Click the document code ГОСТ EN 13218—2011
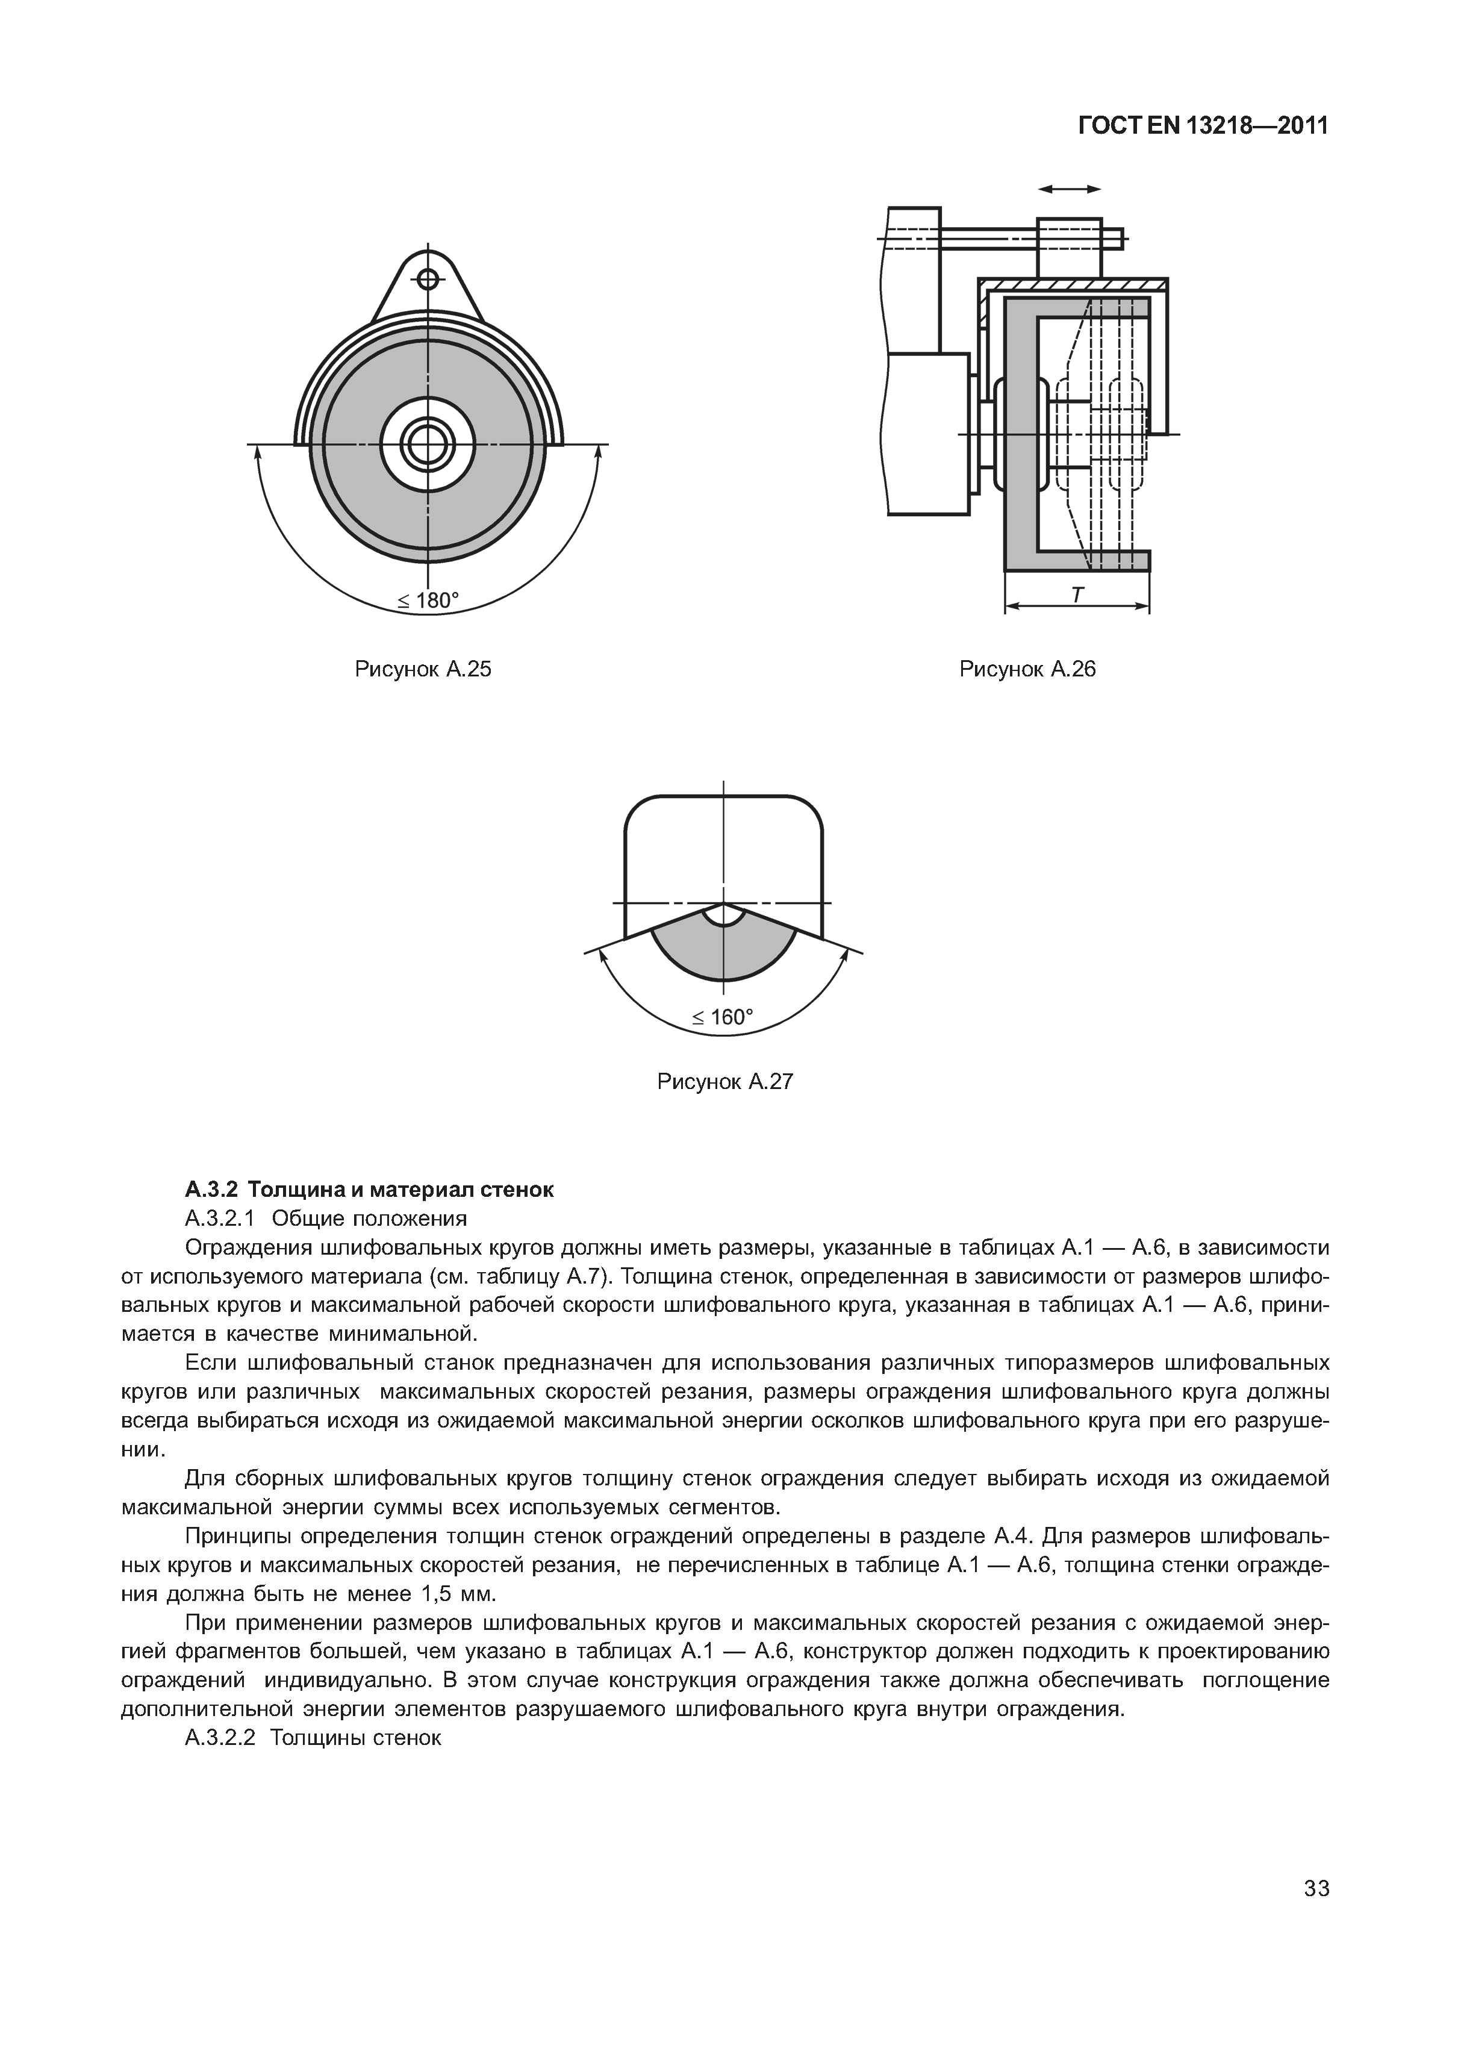[1202, 126]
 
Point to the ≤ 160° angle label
[723, 1017]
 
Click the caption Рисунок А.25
[423, 669]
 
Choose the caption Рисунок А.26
[1027, 669]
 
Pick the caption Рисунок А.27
[725, 1082]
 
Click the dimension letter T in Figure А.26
[1077, 594]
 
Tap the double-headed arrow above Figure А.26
[1069, 189]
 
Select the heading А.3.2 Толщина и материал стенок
[369, 1190]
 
